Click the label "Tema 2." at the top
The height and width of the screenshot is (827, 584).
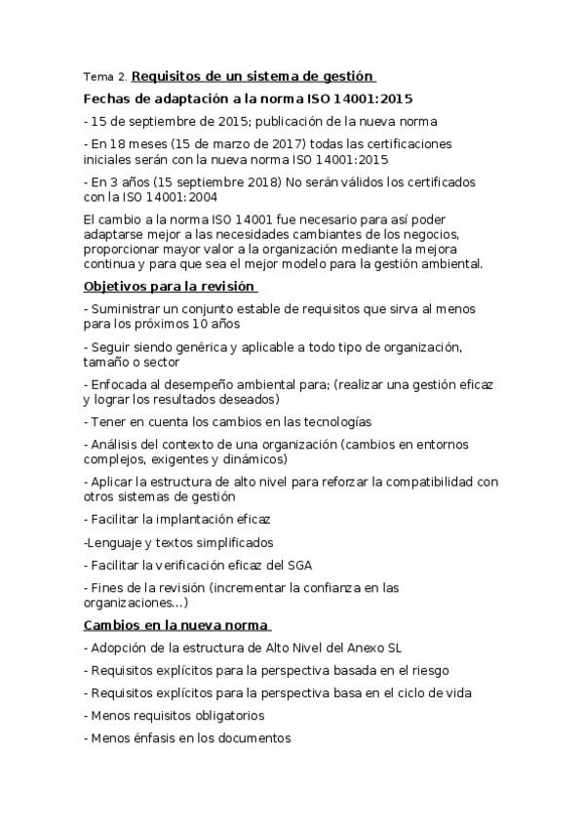pos(104,76)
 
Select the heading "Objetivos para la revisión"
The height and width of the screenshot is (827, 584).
pos(169,286)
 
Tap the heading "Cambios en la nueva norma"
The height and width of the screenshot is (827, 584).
pos(175,624)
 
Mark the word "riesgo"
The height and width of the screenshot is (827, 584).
pos(427,670)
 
